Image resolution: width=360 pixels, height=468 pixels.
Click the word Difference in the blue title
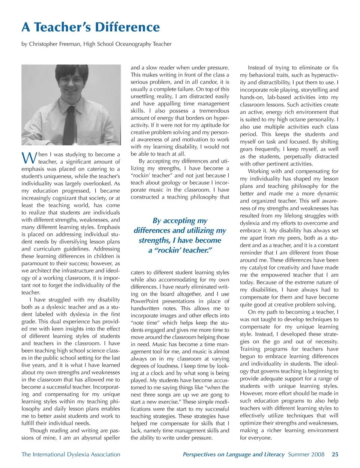[127, 27]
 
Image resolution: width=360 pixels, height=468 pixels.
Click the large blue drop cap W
[29, 158]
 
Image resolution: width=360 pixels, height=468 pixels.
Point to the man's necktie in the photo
[70, 120]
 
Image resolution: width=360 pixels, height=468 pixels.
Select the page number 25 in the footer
[335, 454]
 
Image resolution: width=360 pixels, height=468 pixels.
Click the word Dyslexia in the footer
[78, 454]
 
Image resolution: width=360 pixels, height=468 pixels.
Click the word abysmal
[88, 438]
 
